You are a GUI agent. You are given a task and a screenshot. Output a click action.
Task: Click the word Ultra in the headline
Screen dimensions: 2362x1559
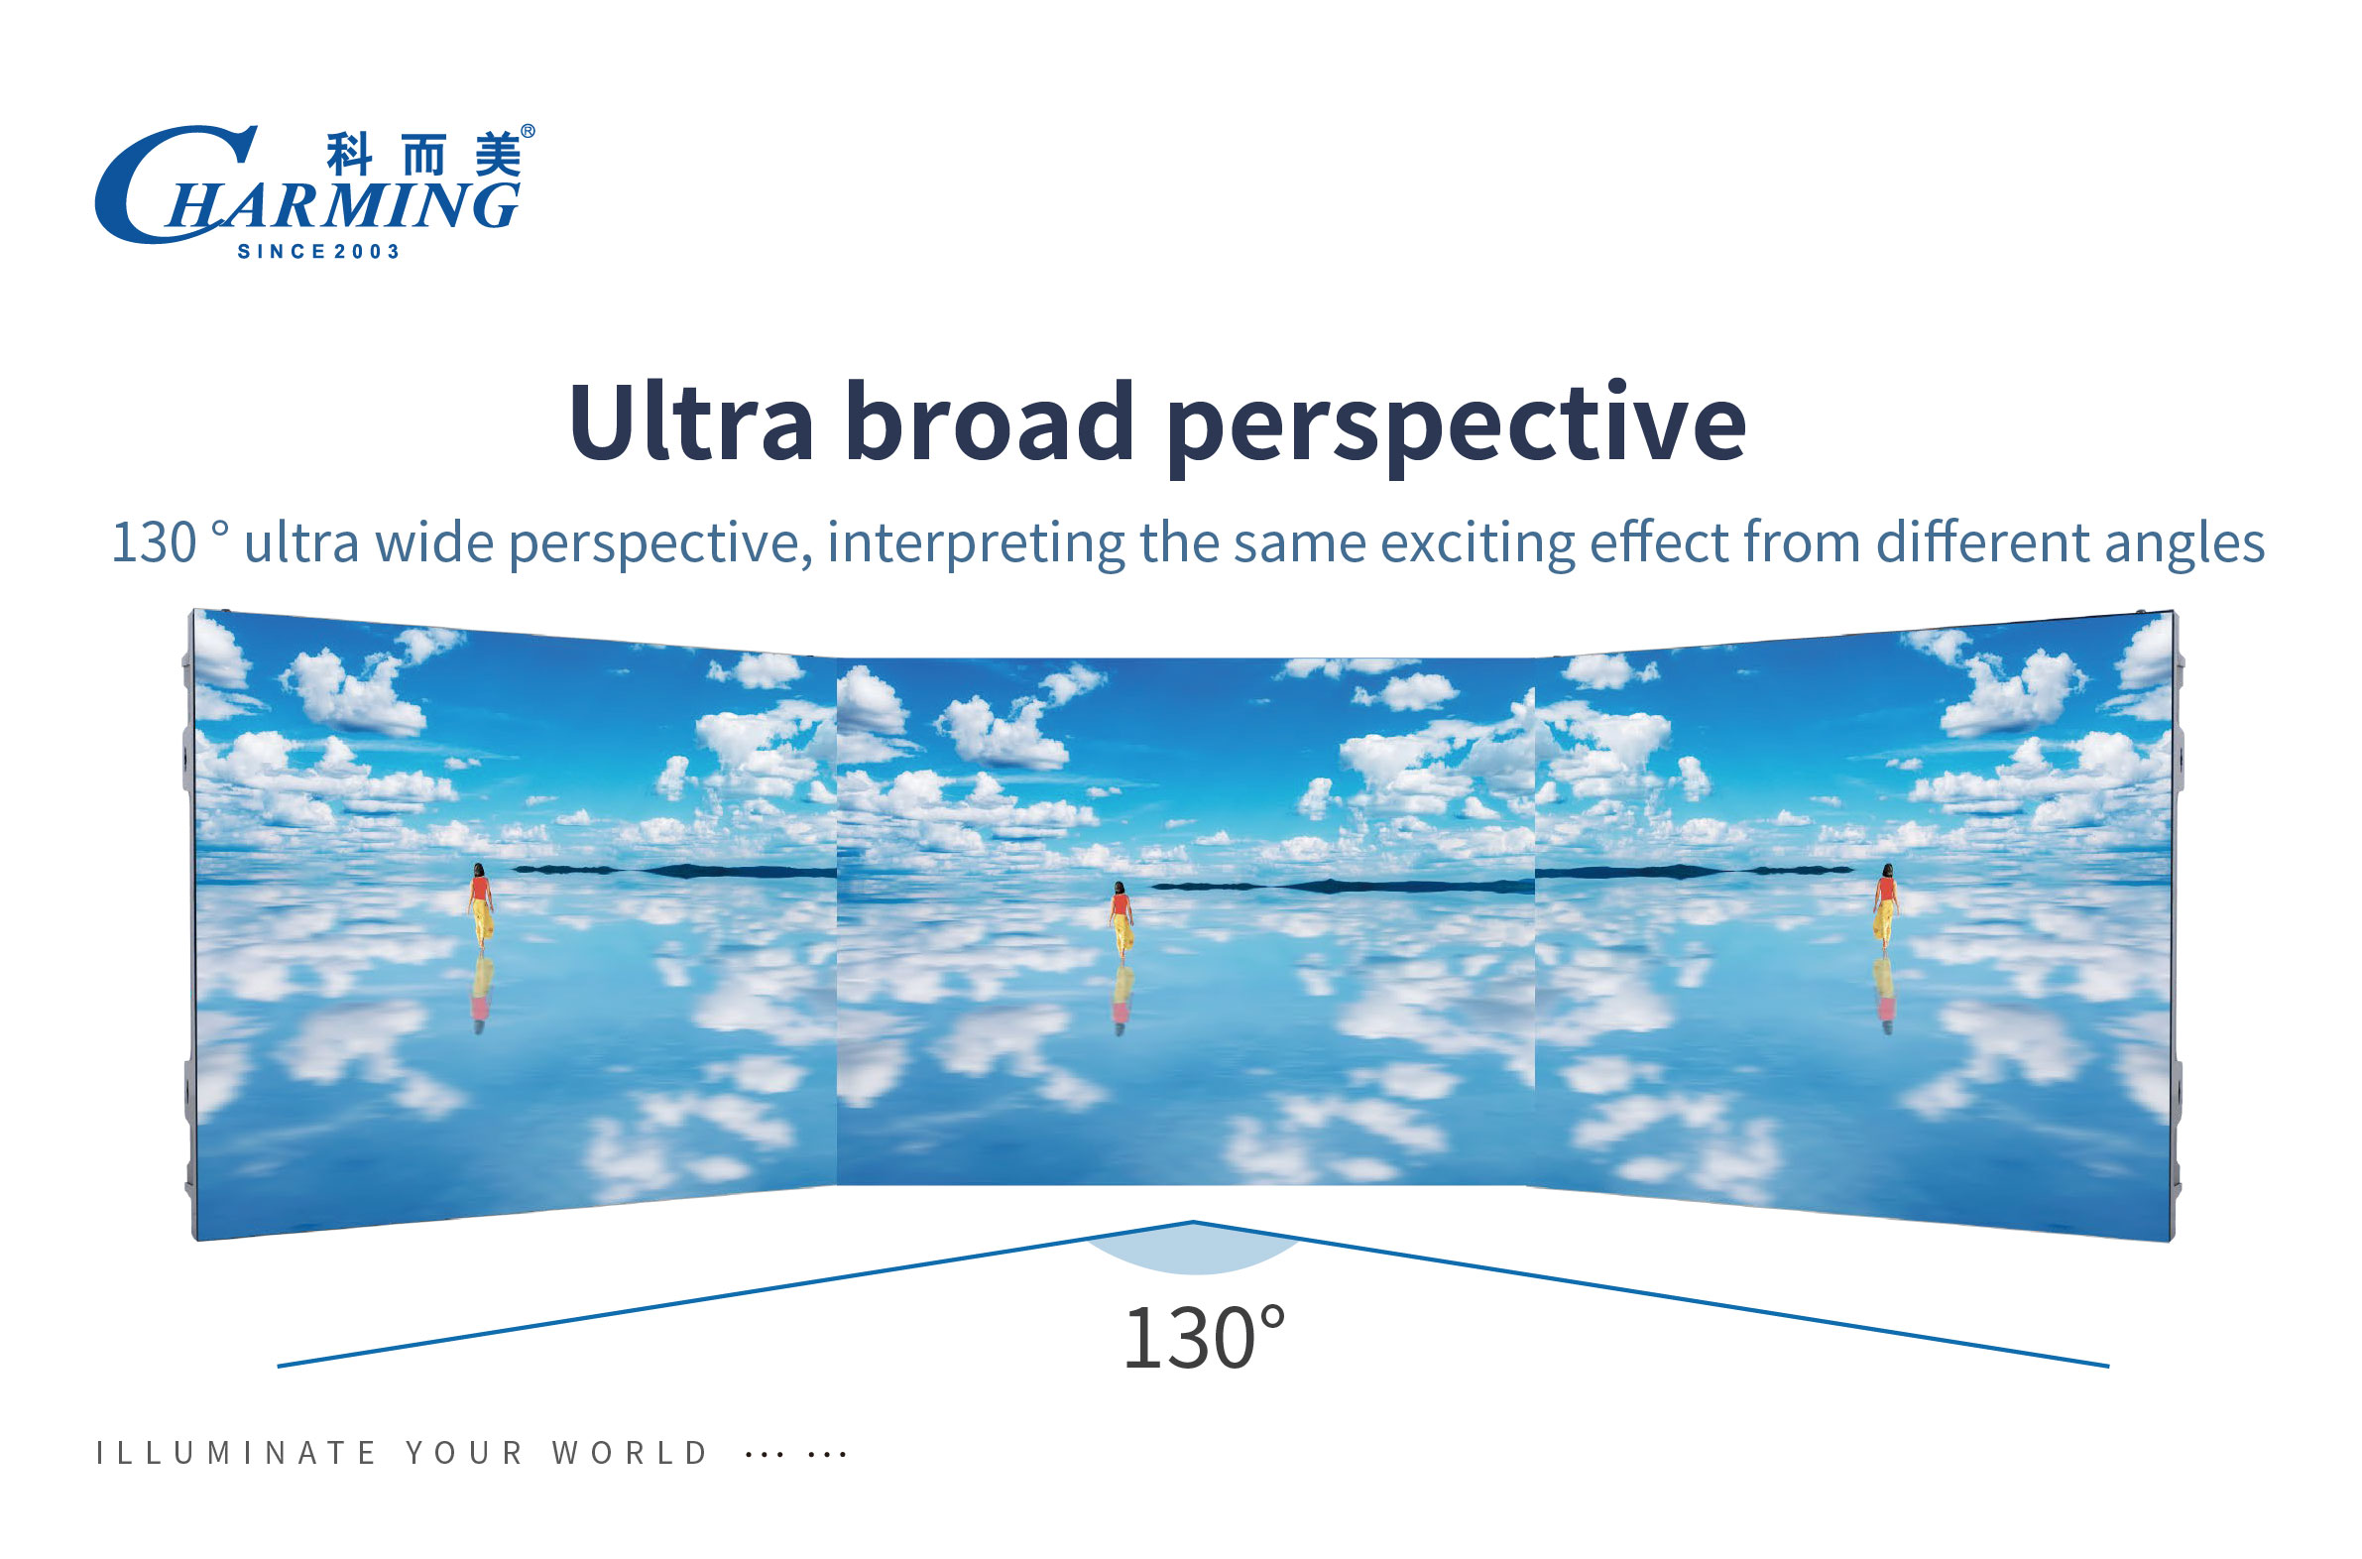[x=691, y=421]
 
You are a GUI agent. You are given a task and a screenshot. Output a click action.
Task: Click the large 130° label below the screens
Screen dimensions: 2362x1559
[x=1204, y=1338]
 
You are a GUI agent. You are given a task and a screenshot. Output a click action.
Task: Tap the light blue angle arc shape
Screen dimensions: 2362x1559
[x=1194, y=1255]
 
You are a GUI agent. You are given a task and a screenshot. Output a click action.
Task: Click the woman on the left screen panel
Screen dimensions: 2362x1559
[x=481, y=905]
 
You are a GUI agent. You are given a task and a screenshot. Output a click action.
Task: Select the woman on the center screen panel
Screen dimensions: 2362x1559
[x=1122, y=920]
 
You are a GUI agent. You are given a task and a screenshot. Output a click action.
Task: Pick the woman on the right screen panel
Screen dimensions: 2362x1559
[x=1885, y=907]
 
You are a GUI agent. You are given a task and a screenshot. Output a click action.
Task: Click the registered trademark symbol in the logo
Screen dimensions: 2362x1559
[x=528, y=131]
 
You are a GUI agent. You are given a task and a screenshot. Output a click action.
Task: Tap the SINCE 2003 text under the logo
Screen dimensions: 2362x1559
[x=318, y=252]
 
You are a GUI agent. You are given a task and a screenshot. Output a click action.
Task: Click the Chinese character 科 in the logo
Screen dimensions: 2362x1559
[x=350, y=154]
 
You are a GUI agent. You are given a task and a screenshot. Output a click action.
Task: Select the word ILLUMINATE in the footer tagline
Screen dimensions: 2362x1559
[x=236, y=1453]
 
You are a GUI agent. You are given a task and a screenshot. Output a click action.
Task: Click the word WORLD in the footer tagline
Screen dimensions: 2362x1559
[x=630, y=1453]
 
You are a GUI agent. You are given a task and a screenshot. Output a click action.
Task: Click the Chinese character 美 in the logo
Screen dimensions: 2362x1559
[x=497, y=154]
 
